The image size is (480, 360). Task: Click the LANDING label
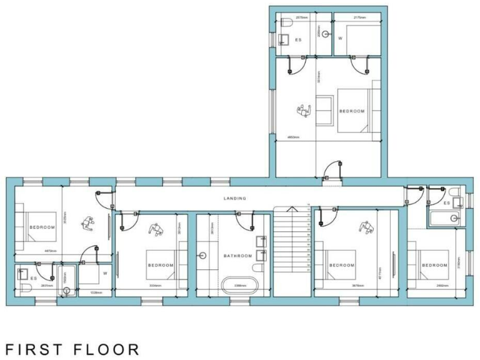click(235, 198)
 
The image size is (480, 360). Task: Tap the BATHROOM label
click(238, 256)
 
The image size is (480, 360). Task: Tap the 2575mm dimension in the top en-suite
click(301, 17)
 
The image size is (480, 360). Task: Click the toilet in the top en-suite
click(285, 23)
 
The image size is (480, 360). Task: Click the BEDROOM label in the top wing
click(351, 111)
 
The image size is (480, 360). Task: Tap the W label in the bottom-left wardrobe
click(105, 273)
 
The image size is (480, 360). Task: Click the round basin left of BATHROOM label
click(203, 256)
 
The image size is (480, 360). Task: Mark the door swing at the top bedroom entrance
click(333, 169)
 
